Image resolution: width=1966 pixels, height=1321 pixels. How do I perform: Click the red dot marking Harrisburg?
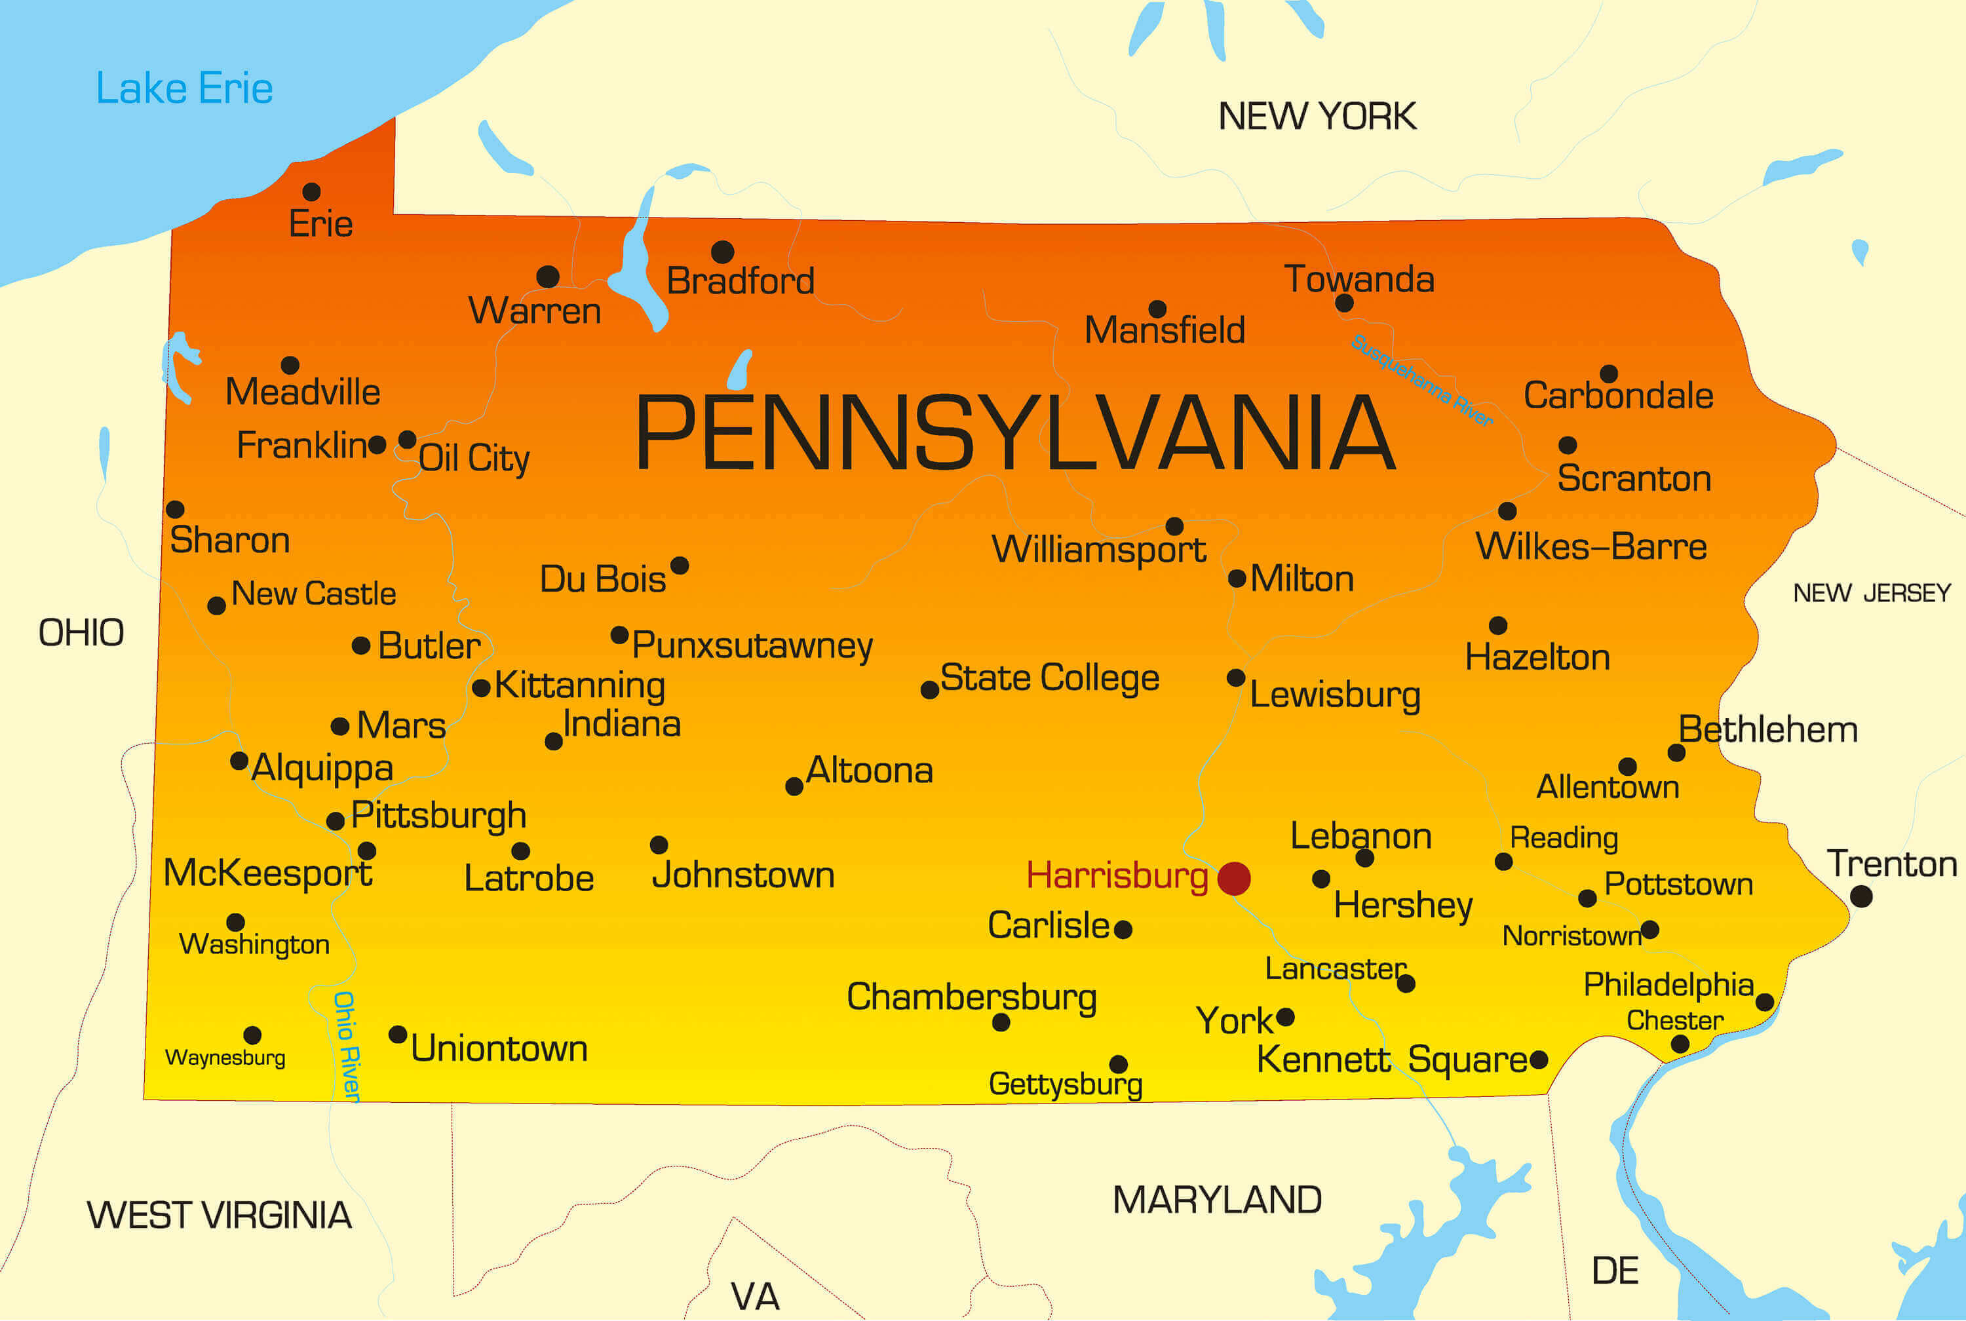click(1233, 879)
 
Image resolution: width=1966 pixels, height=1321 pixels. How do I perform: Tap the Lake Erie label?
click(184, 88)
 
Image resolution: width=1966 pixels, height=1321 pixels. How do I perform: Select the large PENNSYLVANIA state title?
click(1014, 433)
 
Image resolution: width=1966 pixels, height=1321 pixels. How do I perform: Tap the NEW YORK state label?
click(1317, 116)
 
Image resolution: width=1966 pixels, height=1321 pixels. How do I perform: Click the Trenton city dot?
click(1860, 896)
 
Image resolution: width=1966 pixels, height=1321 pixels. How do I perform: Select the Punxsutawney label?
click(752, 645)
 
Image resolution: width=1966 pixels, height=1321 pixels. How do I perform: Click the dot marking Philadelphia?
click(1765, 1002)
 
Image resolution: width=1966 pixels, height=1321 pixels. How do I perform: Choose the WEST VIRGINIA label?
click(219, 1215)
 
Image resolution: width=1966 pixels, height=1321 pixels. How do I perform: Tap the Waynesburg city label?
click(225, 1058)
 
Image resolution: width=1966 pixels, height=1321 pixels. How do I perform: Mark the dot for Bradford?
click(722, 251)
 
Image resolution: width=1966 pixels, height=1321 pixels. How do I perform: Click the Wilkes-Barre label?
click(1590, 546)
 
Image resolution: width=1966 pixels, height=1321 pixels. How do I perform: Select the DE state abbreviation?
click(1614, 1271)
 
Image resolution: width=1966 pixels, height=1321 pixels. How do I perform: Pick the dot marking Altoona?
click(794, 786)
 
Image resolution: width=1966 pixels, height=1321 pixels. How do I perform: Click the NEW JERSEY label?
click(1871, 593)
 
